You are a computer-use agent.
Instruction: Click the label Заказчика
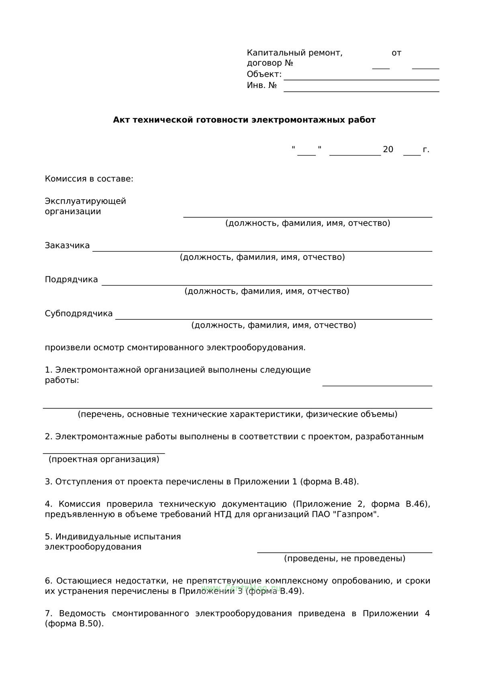click(67, 245)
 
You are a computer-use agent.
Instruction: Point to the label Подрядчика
click(71, 280)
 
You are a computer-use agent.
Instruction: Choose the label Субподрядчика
click(79, 314)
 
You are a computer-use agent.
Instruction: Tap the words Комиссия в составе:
click(89, 179)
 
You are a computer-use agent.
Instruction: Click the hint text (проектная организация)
click(104, 459)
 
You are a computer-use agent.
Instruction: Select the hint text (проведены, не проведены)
click(345, 558)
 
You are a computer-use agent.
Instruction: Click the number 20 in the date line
click(388, 150)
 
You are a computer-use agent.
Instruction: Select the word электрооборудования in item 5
click(93, 547)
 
